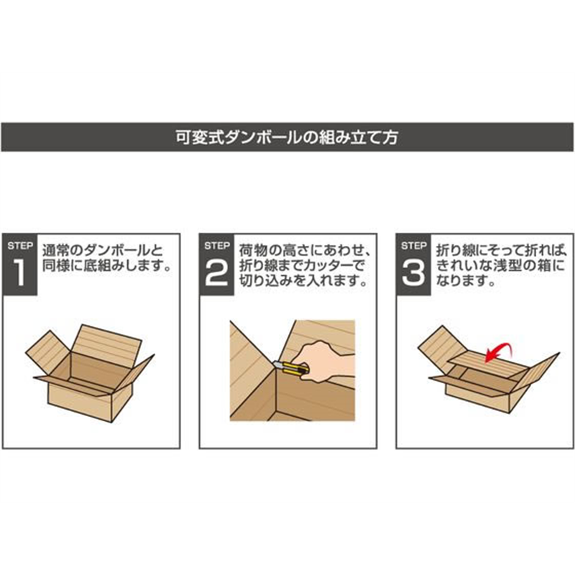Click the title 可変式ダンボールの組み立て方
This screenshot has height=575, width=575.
point(287,137)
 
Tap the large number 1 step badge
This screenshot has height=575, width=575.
point(20,264)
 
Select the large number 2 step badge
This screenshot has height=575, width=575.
point(217,264)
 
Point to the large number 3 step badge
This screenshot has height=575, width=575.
point(414,264)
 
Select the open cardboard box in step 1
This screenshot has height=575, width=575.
point(90,373)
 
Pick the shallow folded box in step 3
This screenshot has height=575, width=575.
point(489,369)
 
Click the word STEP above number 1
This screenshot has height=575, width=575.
point(20,246)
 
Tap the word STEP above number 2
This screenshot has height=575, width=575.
point(217,246)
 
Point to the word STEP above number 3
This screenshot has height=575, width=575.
point(414,246)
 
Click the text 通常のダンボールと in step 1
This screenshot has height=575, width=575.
point(103,251)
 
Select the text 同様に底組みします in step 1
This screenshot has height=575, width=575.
point(106,266)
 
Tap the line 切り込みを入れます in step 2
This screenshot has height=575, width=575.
point(303,281)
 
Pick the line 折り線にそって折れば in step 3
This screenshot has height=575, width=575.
point(500,251)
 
